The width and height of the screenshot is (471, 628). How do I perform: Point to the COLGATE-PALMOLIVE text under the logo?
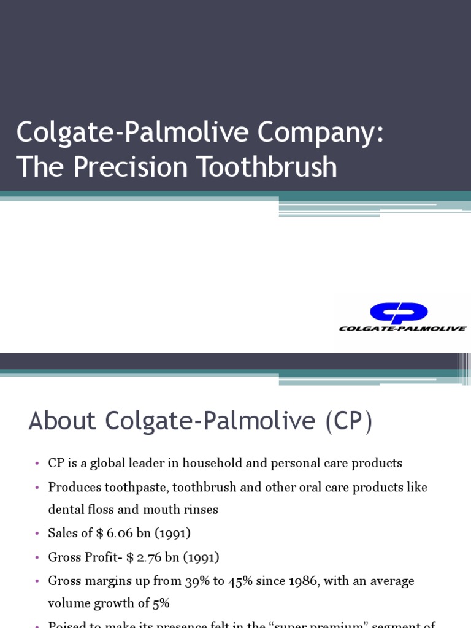[x=402, y=329]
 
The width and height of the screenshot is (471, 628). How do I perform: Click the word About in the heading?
[x=63, y=421]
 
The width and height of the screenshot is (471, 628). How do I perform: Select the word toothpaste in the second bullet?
[x=139, y=487]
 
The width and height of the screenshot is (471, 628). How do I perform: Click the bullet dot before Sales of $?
[x=37, y=534]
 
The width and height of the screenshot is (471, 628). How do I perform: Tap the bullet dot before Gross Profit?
[x=37, y=557]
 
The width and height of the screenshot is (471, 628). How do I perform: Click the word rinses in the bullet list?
[x=201, y=510]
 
